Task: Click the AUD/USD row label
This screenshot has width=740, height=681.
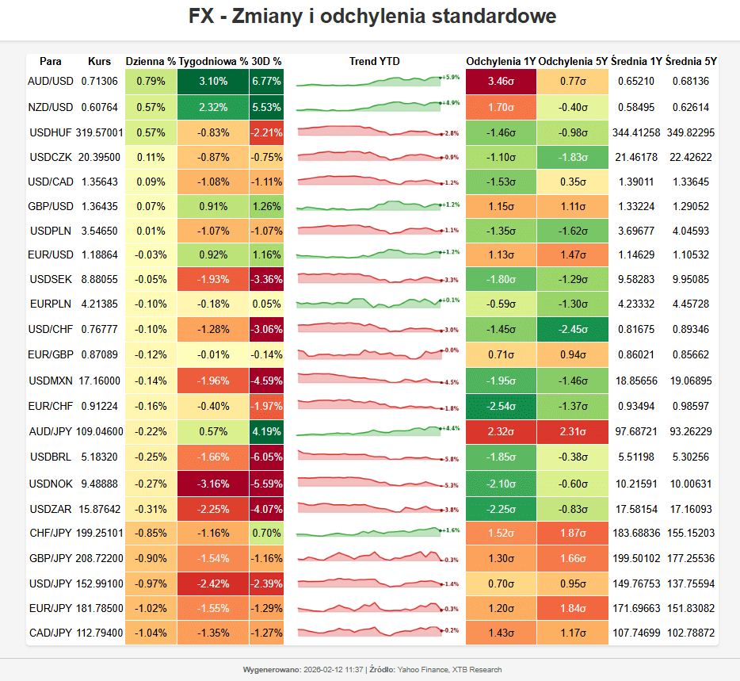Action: pyautogui.click(x=51, y=81)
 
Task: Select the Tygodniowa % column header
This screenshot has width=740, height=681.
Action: pyautogui.click(x=213, y=61)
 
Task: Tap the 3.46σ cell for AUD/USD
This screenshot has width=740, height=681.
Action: pyautogui.click(x=502, y=81)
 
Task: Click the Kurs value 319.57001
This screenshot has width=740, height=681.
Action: pyautogui.click(x=100, y=132)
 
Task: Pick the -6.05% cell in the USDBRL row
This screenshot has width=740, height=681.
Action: pyautogui.click(x=266, y=458)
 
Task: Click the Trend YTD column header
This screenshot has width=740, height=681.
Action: pyautogui.click(x=374, y=61)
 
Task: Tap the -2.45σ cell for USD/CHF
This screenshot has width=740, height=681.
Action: pyautogui.click(x=574, y=329)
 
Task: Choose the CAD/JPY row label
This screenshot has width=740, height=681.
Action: pyautogui.click(x=51, y=633)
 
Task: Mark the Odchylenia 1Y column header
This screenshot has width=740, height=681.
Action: pyautogui.click(x=501, y=61)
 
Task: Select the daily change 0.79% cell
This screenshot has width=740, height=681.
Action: pyautogui.click(x=151, y=81)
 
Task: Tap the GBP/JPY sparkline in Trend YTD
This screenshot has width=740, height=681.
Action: pyautogui.click(x=369, y=557)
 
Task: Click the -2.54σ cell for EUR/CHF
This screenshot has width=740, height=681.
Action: pyautogui.click(x=502, y=407)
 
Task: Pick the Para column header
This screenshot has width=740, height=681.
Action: pyautogui.click(x=51, y=61)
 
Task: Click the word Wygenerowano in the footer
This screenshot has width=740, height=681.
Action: pyautogui.click(x=271, y=670)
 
